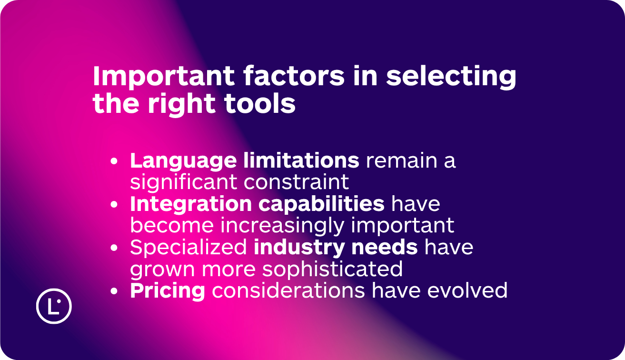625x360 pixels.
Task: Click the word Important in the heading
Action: [164, 77]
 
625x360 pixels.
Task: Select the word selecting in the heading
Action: [451, 77]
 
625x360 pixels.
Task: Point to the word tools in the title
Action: [260, 103]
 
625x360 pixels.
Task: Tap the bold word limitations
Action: [301, 160]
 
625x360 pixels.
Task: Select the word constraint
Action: [297, 182]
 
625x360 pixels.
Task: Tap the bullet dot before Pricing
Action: [114, 291]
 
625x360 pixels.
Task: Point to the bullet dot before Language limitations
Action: [114, 161]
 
